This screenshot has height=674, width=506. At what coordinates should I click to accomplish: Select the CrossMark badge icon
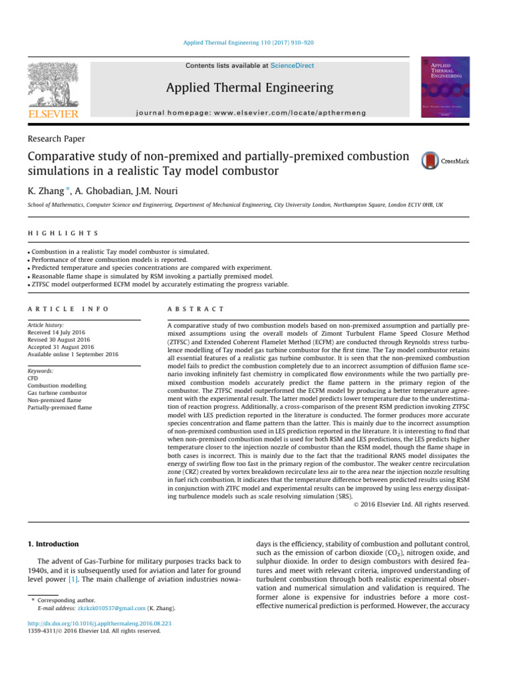(445, 161)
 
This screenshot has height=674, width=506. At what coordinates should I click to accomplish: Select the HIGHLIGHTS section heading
(63, 233)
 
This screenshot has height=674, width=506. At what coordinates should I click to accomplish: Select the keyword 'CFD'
(33, 378)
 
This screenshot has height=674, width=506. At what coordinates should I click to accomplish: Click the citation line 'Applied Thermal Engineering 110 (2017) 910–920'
(253, 42)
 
